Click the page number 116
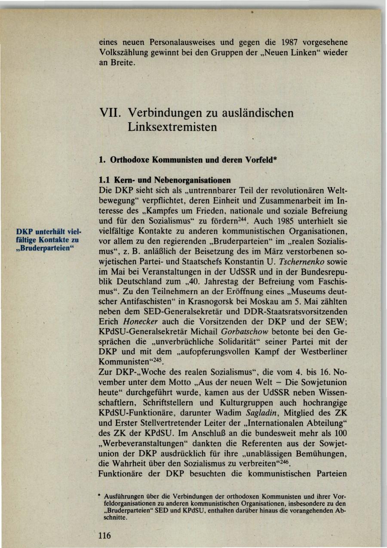click(104, 535)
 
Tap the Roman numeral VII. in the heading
click(109, 113)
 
